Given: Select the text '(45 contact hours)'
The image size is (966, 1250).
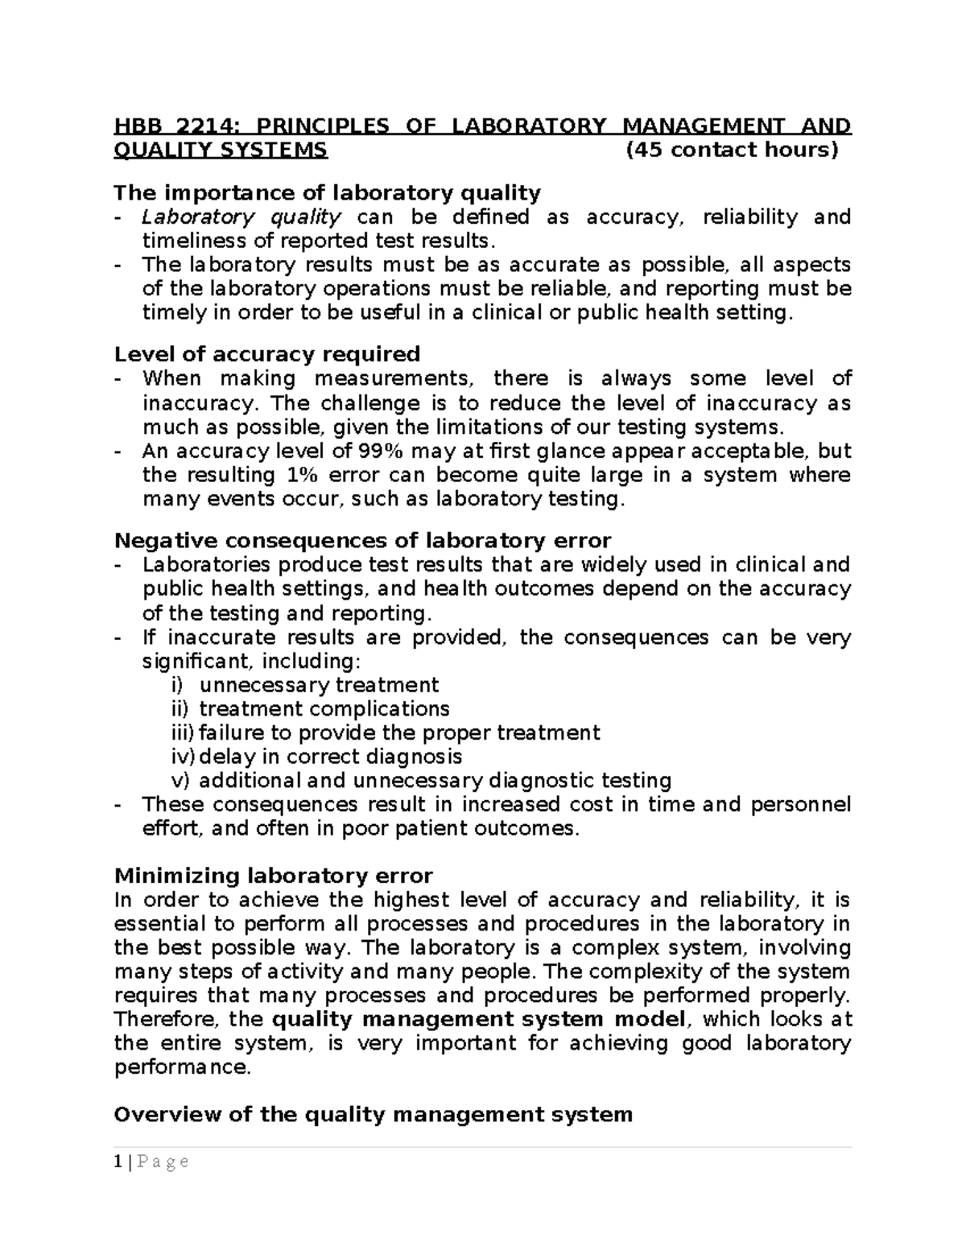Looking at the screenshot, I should (732, 151).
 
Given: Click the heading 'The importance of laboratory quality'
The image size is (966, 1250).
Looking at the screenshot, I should (327, 193).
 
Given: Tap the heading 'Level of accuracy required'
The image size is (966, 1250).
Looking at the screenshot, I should (267, 354).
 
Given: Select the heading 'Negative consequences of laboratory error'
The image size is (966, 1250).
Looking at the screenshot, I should (362, 540).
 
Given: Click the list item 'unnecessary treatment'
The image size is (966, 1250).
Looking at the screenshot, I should (319, 685).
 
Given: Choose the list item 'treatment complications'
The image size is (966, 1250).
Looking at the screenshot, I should (324, 709).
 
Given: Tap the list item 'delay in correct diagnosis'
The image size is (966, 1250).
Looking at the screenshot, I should (330, 757).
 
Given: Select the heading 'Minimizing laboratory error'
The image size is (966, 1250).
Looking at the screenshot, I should (274, 876).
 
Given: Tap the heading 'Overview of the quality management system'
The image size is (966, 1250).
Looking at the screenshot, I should (373, 1115).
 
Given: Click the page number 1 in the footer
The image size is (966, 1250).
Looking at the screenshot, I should (118, 1161).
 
